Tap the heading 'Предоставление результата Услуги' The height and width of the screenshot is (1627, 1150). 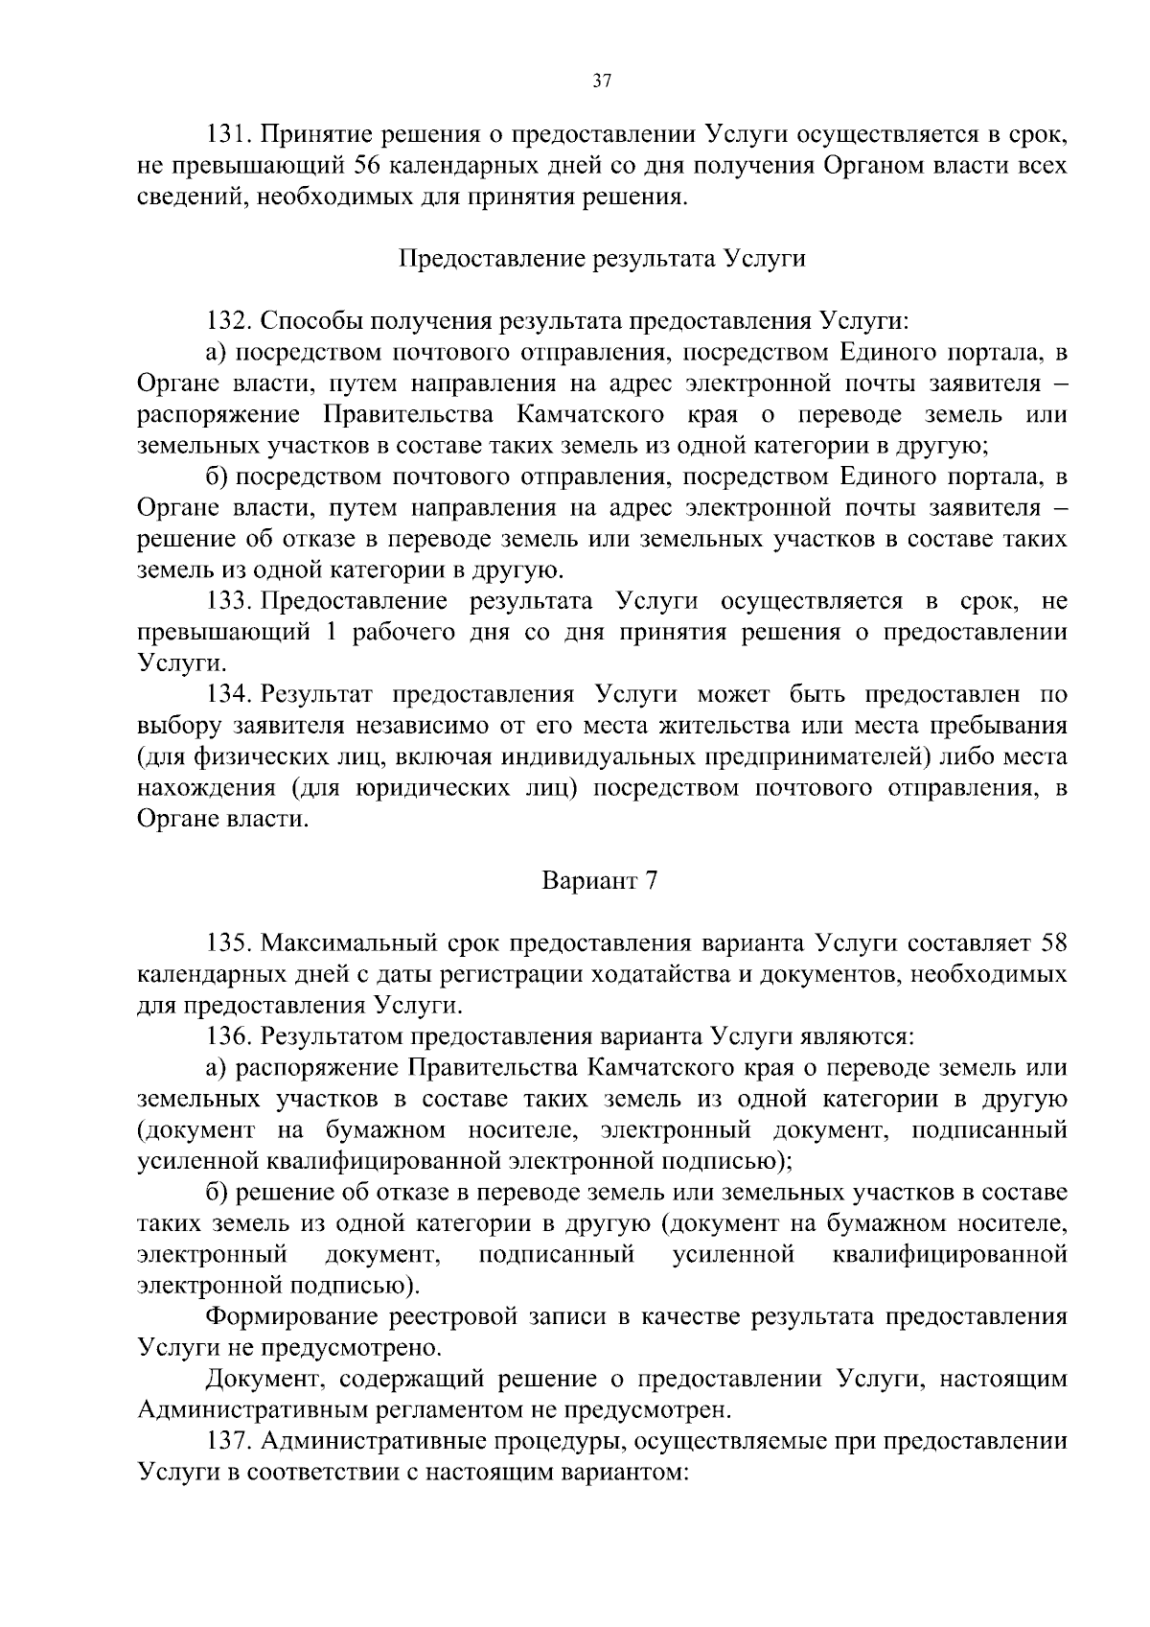601,259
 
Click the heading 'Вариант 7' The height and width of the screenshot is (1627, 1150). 601,882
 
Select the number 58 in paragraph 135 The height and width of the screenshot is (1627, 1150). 1053,944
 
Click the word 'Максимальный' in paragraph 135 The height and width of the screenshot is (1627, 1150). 352,944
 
